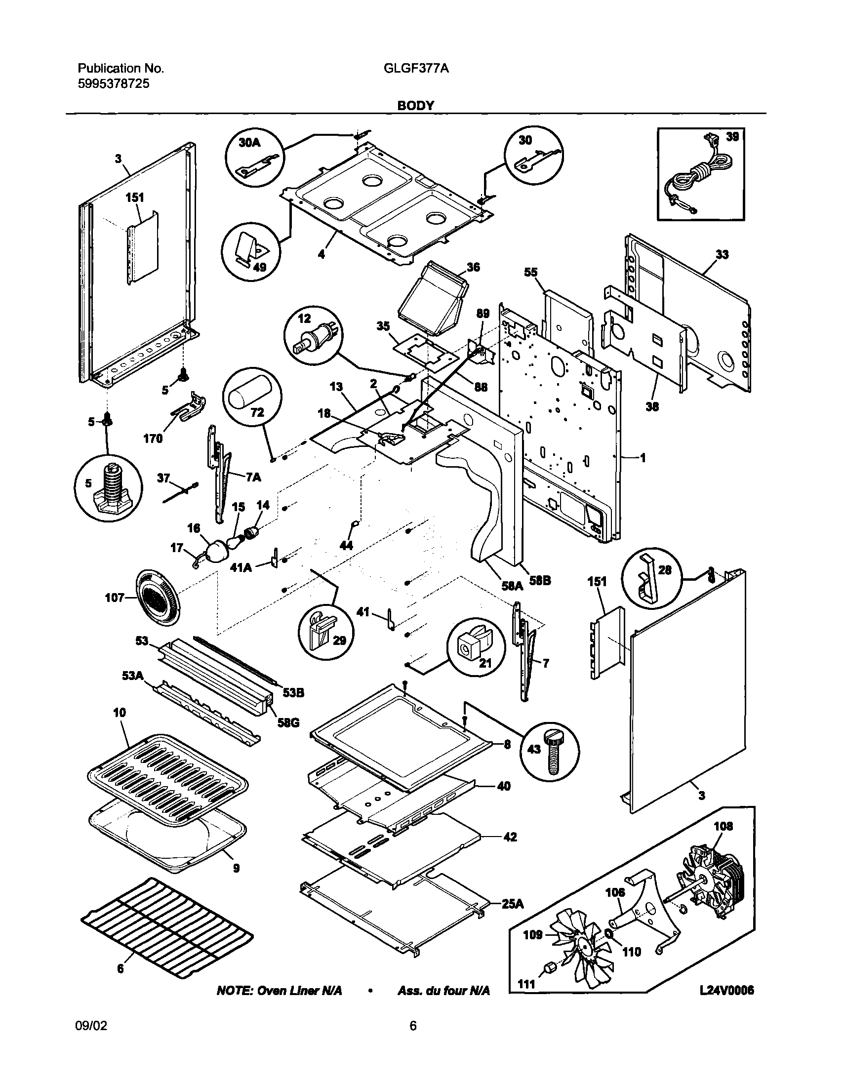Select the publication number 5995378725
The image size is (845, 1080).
point(113,83)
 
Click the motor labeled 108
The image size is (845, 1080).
point(713,880)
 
